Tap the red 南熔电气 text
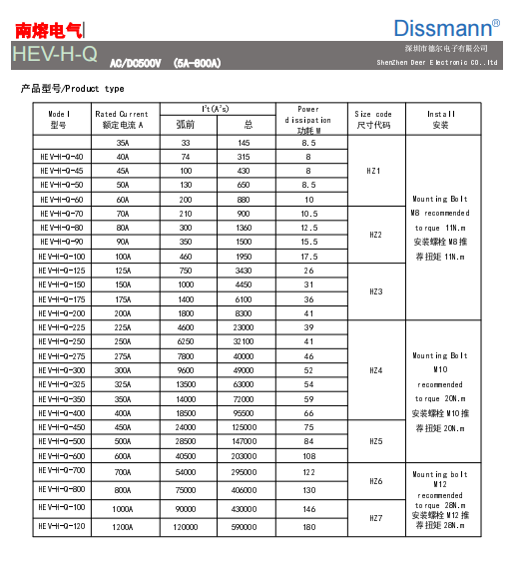tap(49, 30)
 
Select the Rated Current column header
tap(122, 119)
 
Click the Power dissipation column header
tap(308, 119)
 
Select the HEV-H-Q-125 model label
tap(62, 271)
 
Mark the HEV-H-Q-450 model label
tap(62, 427)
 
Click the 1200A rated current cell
tap(122, 526)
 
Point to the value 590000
tap(244, 526)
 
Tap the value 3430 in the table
tap(244, 271)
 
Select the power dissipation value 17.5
tap(308, 257)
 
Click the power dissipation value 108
tap(308, 455)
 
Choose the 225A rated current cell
tap(122, 327)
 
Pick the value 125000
tap(244, 427)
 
